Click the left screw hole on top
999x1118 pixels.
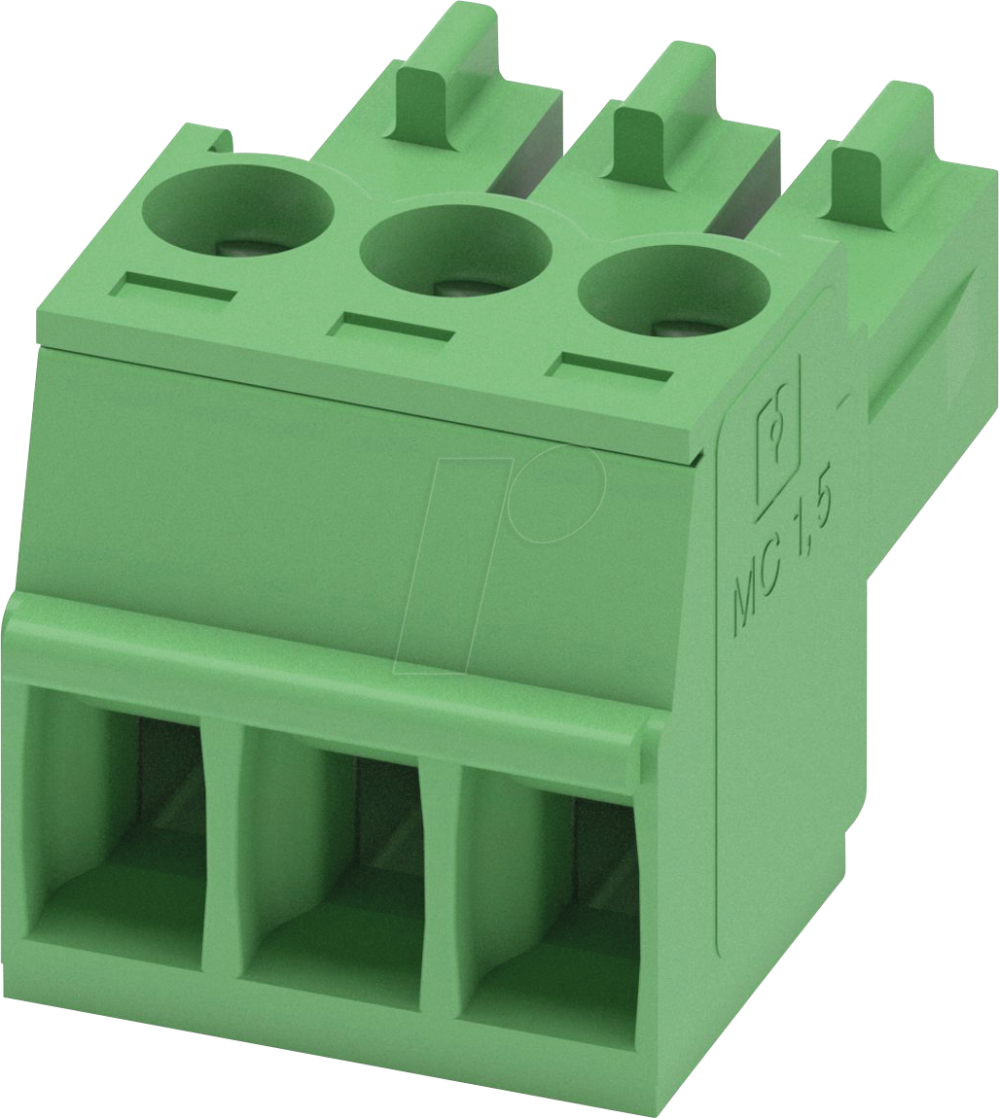pos(238,210)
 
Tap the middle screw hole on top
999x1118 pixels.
pos(455,249)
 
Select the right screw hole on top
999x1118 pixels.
pos(673,292)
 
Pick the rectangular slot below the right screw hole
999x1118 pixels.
pos(610,368)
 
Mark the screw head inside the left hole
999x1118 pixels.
pos(234,247)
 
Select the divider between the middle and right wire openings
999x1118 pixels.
pos(440,894)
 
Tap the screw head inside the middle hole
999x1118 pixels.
pos(452,288)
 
